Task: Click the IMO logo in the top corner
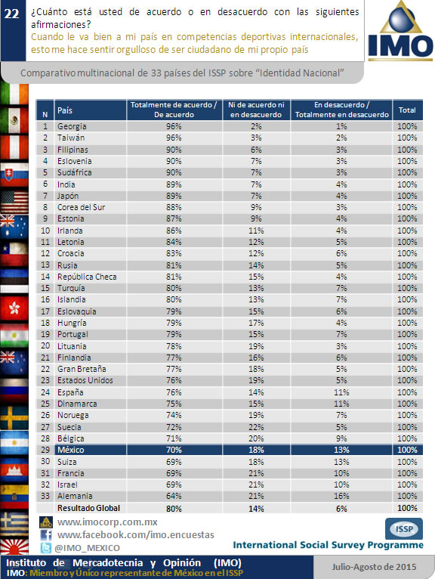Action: click(x=400, y=32)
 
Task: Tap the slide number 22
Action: click(x=11, y=14)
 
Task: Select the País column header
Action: click(x=65, y=110)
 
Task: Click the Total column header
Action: click(x=407, y=110)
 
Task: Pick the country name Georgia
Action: click(x=72, y=126)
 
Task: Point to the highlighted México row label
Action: click(x=71, y=450)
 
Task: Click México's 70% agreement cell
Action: click(x=174, y=450)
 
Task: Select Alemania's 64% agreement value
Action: click(x=174, y=496)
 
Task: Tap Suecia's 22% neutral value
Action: click(x=256, y=427)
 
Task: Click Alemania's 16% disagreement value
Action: click(x=341, y=496)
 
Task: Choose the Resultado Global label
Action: click(x=88, y=508)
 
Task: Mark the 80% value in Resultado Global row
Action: click(x=174, y=509)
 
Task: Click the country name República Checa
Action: click(x=87, y=277)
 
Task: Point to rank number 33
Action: click(x=45, y=496)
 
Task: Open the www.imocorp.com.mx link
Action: click(x=107, y=522)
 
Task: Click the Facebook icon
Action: click(x=46, y=535)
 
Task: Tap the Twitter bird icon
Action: click(x=46, y=548)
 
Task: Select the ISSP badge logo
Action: click(x=404, y=529)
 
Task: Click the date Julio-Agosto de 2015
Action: click(x=374, y=567)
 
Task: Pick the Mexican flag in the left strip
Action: click(x=14, y=120)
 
